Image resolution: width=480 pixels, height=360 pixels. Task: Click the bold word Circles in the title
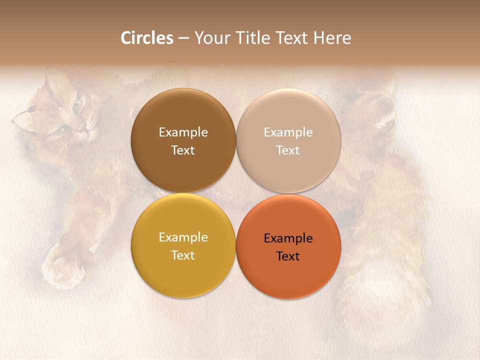point(147,38)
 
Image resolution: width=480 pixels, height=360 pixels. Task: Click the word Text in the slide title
point(291,38)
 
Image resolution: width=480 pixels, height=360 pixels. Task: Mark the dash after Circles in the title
point(183,38)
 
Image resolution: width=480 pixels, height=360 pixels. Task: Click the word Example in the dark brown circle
point(183,132)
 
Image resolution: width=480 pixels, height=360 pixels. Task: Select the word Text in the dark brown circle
point(183,150)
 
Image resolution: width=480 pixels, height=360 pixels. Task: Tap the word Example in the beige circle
point(288,132)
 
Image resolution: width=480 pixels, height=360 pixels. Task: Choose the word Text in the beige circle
point(288,150)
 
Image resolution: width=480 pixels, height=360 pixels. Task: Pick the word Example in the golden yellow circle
point(183,237)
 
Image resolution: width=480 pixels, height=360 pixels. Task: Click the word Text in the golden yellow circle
point(183,255)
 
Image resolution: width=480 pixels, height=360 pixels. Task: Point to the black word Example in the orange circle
point(288,238)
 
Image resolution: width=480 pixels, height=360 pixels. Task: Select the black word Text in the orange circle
point(288,256)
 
